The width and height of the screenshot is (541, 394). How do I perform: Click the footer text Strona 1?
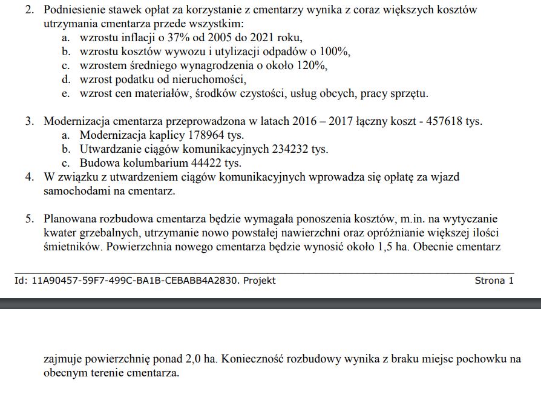tap(494, 280)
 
